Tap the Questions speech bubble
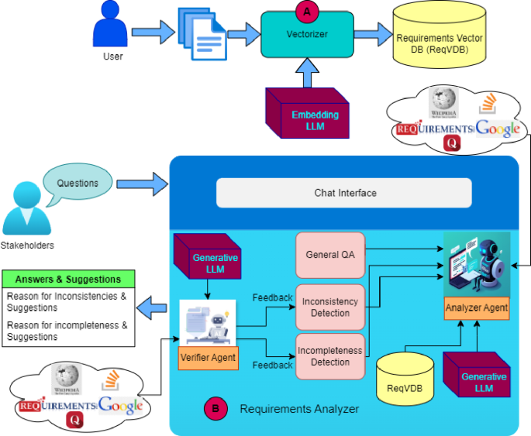pos(78,184)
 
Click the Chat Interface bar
pos(344,193)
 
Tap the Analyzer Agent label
pos(477,307)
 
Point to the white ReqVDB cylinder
pos(403,377)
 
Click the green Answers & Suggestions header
pos(69,279)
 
